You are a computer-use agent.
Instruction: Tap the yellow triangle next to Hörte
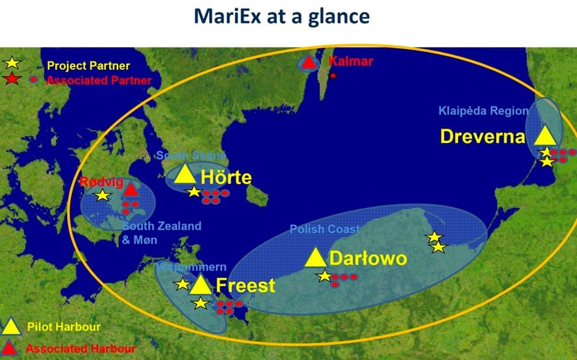(185, 174)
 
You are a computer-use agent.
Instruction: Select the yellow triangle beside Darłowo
(315, 258)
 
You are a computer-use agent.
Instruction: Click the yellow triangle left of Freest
(201, 285)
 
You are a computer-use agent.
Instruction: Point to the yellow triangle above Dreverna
(544, 135)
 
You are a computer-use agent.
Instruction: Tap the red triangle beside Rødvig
(131, 189)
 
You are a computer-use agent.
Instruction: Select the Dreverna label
(482, 136)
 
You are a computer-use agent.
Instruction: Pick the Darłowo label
(368, 259)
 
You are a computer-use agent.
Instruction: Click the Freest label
(245, 285)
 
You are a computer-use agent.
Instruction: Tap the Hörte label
(225, 177)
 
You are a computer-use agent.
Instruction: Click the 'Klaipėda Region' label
(483, 110)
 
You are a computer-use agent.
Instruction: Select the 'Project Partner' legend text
(88, 66)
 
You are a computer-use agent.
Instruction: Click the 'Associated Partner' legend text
(99, 80)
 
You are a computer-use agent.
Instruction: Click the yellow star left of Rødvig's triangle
(103, 195)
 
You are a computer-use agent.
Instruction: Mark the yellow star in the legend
(13, 64)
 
